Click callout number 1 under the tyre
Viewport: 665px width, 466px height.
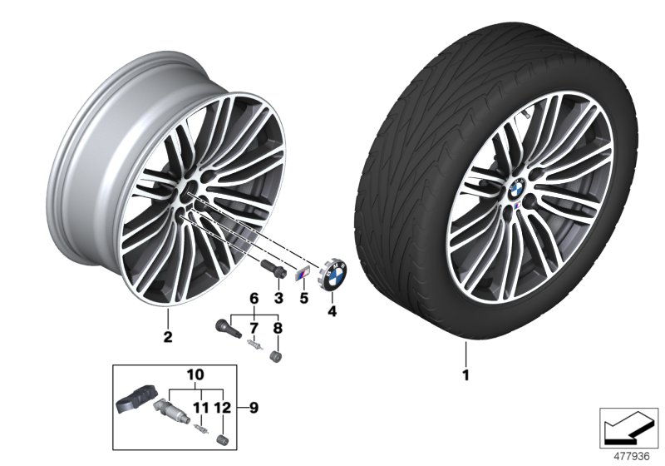coord(465,376)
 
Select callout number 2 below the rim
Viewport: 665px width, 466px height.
coord(168,337)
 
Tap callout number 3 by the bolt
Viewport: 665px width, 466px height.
coord(279,297)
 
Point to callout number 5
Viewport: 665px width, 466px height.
coord(304,297)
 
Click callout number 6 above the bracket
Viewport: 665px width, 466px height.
coord(255,298)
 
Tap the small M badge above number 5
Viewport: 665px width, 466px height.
coord(303,274)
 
